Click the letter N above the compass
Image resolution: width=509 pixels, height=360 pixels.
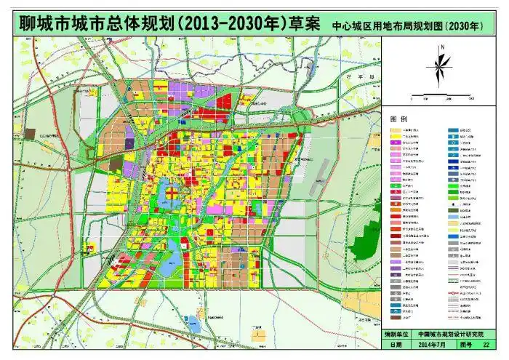[441, 47]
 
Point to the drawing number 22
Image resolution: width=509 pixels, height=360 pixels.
[496, 345]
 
